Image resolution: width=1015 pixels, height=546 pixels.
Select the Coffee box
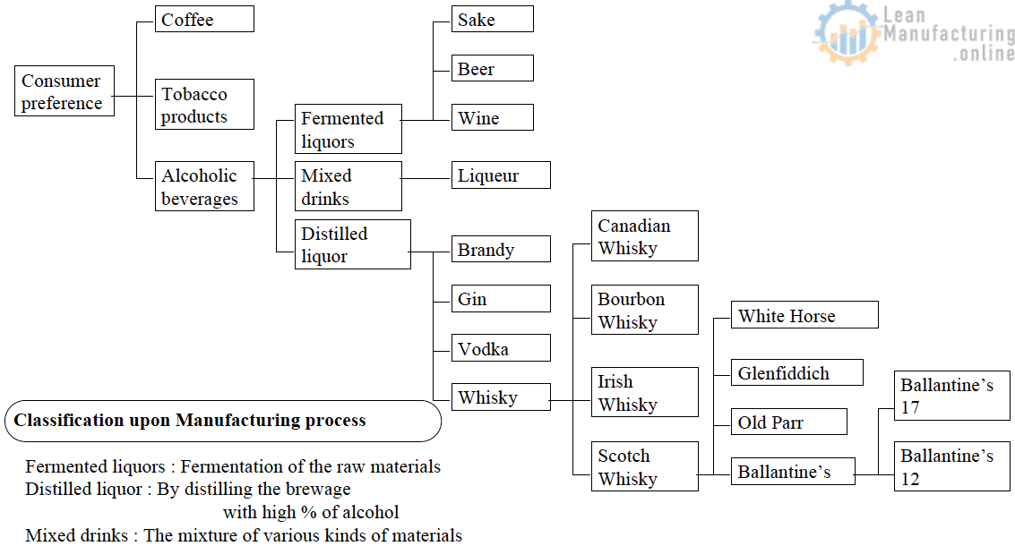pos(204,19)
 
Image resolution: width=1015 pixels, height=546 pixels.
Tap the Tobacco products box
pos(204,105)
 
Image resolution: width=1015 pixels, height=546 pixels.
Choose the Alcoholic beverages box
pos(204,186)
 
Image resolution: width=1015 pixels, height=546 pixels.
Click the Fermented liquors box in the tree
pos(348,129)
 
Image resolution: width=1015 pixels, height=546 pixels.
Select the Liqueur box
pos(501,175)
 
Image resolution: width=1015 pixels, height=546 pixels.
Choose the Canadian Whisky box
pos(644,236)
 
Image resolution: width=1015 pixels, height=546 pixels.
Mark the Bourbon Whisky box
pos(644,310)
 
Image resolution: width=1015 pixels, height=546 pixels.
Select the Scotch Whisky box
pos(644,466)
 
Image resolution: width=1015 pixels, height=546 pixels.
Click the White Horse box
pos(804,315)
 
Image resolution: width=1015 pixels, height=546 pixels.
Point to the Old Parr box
pos(788,422)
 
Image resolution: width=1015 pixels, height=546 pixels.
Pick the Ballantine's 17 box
pos(952,396)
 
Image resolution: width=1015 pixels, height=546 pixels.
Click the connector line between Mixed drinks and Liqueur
pos(426,176)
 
